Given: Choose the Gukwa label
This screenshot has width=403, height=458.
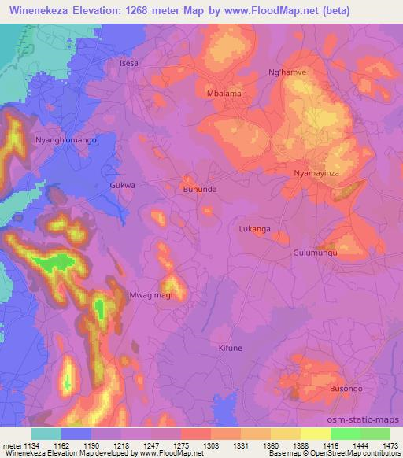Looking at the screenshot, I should (123, 186).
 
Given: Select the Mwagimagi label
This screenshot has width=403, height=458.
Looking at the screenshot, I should (150, 295).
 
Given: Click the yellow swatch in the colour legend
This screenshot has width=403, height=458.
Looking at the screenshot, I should (315, 434).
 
